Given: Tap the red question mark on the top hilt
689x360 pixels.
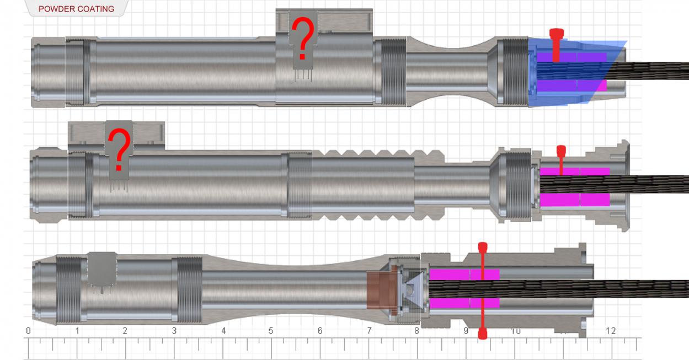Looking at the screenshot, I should click(302, 39).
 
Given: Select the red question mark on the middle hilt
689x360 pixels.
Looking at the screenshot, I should click(119, 150).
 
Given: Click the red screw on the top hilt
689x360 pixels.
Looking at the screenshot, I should click(556, 44).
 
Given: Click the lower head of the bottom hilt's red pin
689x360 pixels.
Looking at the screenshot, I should click(482, 333).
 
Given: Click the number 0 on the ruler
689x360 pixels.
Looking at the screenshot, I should click(28, 331).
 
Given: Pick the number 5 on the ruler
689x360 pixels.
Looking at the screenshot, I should click(271, 331).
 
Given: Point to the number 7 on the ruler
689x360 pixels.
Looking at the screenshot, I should click(368, 331).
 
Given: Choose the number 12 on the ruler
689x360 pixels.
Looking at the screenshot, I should click(610, 331).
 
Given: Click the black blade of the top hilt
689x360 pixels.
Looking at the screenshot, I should click(656, 71).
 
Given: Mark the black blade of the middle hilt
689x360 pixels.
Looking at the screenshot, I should click(656, 184).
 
